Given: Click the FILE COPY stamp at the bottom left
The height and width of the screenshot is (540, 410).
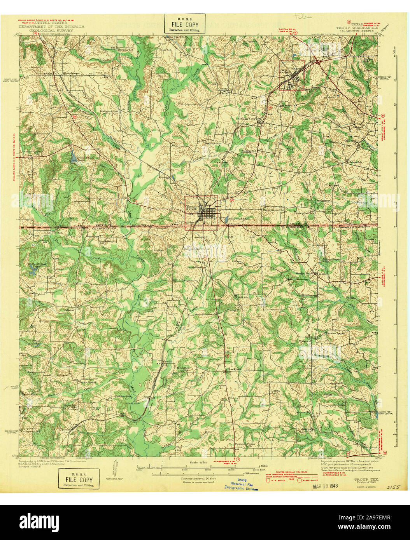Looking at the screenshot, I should [x=79, y=479].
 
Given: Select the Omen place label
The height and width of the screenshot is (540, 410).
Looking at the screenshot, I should [x=223, y=88].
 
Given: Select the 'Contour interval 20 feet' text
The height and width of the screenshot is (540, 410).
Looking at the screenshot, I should [x=199, y=479].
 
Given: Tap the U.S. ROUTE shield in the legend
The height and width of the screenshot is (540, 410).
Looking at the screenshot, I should [x=268, y=481].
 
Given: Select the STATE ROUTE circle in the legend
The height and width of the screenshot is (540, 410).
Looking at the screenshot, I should [x=300, y=480].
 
